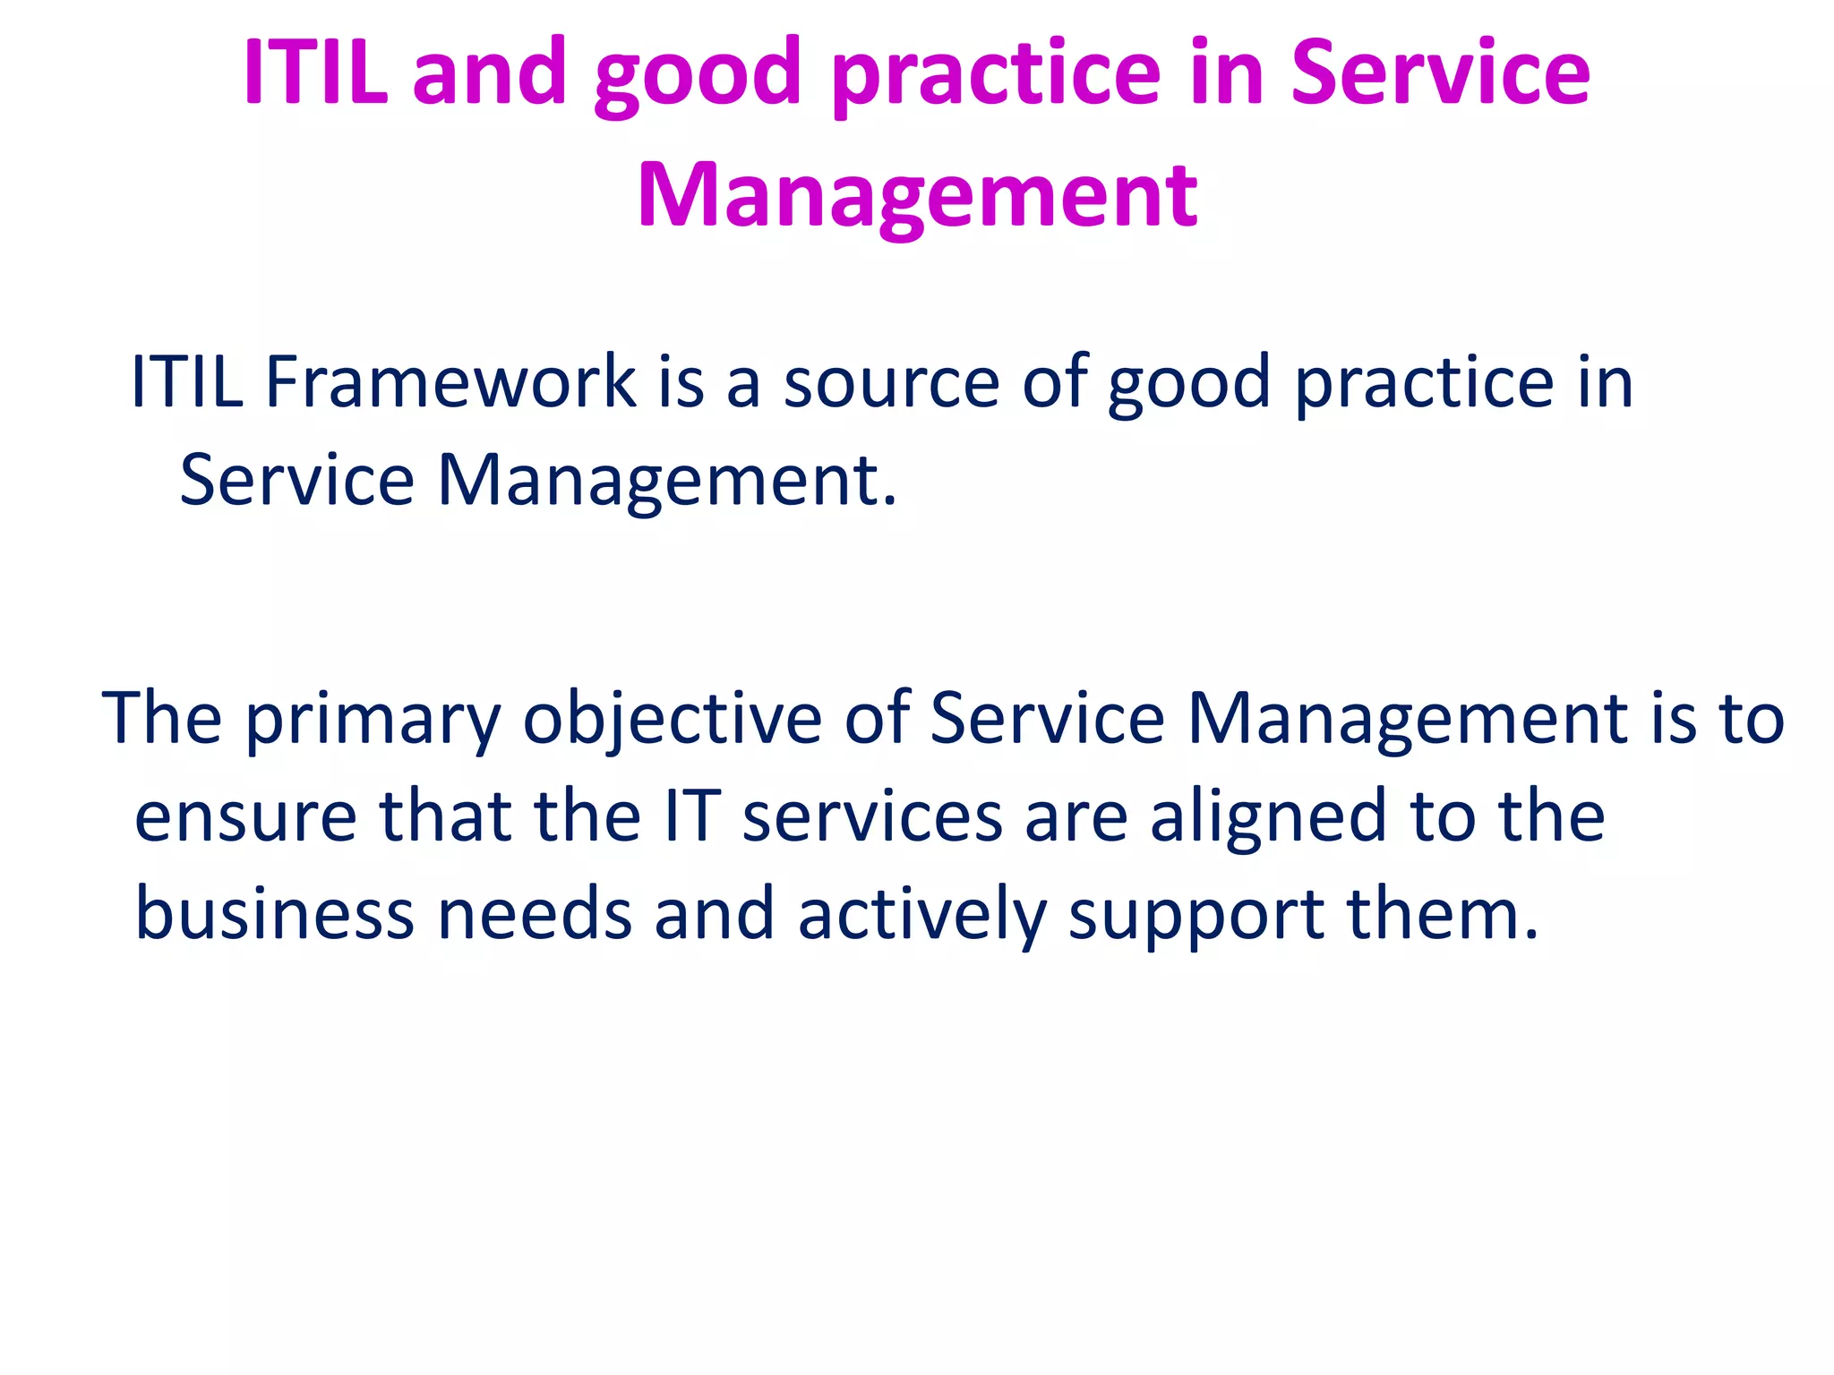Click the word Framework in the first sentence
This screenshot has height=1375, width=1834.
(450, 381)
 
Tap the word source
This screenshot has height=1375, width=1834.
(891, 383)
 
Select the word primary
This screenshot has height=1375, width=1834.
(373, 721)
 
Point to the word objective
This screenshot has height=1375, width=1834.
(672, 721)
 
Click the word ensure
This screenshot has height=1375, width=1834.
(245, 817)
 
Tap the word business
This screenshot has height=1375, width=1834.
(275, 914)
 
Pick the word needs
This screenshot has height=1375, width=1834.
(535, 914)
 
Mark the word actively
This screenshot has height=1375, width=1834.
(922, 916)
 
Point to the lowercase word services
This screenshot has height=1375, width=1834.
(872, 817)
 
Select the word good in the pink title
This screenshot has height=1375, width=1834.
(697, 73)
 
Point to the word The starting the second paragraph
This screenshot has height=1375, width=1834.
(162, 719)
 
